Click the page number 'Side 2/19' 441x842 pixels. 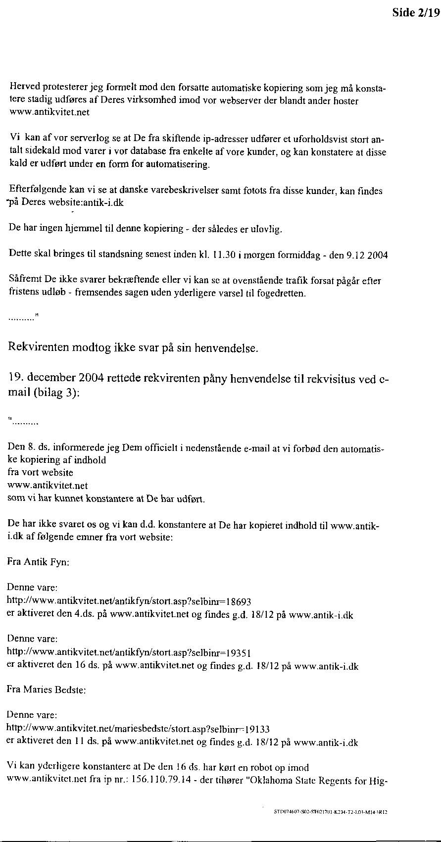416,13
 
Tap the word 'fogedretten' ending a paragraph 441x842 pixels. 282,293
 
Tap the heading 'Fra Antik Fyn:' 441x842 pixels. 38,562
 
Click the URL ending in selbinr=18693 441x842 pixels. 129,602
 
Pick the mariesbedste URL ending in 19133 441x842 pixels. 138,729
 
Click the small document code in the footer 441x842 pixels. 330,812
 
